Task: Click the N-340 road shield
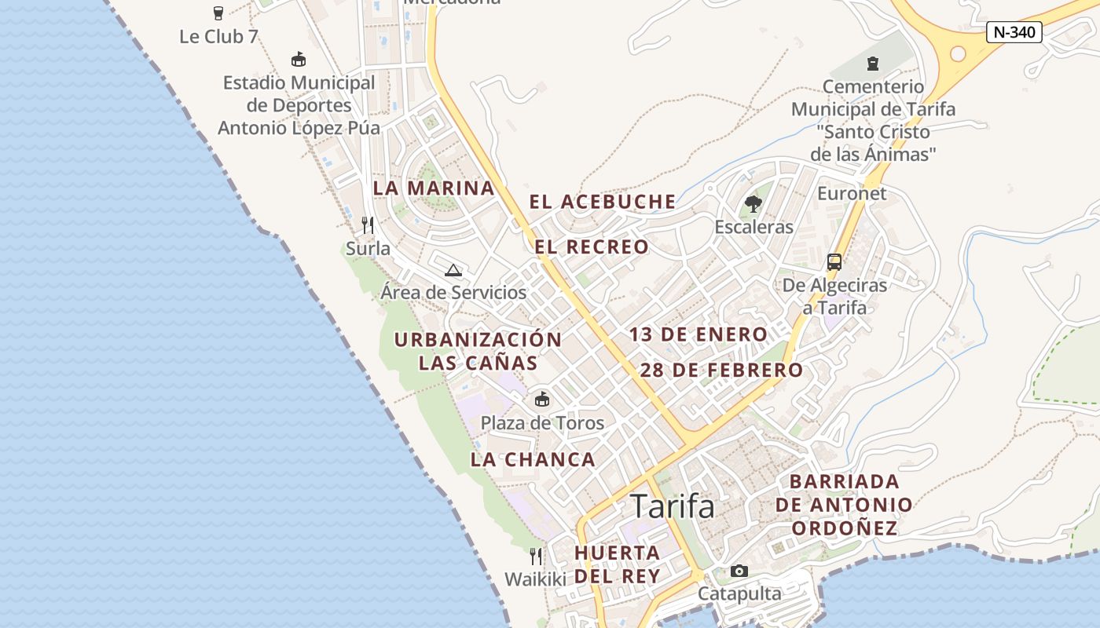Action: [1014, 32]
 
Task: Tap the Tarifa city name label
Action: [673, 506]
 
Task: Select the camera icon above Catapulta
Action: [739, 571]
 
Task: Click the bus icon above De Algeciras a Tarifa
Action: [834, 262]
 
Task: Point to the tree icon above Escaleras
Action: [753, 204]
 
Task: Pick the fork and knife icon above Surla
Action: [367, 225]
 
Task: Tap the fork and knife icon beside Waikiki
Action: [535, 557]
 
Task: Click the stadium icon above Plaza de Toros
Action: [541, 400]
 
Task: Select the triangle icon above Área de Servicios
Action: [453, 271]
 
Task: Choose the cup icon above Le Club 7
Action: [218, 13]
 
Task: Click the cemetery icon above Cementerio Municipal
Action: [872, 63]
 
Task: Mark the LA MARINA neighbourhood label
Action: [434, 188]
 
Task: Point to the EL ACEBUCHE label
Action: [602, 202]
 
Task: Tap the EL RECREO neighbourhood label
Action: [592, 247]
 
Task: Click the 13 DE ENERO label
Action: [698, 334]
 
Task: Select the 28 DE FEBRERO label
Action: [721, 371]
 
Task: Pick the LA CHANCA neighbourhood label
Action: [533, 460]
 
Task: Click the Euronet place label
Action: [852, 193]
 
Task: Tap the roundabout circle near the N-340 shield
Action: [957, 53]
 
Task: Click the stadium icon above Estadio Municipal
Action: [299, 59]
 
